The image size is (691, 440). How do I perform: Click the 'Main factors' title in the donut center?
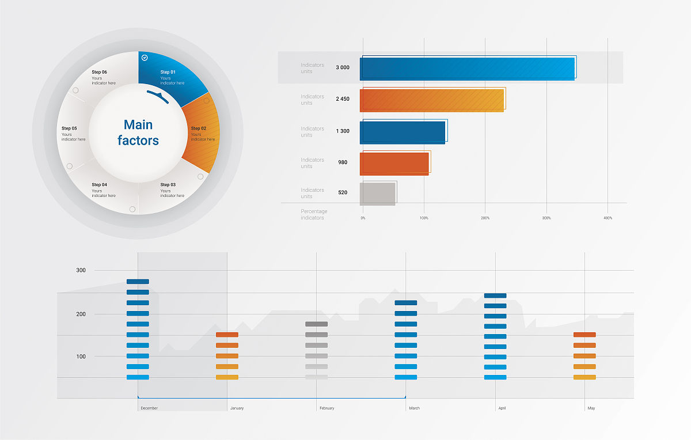click(138, 132)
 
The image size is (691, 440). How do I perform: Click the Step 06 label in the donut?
click(100, 72)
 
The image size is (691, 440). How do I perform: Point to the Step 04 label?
click(100, 185)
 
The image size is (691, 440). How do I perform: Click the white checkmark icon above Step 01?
click(145, 58)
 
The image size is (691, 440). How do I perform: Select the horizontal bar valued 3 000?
click(467, 69)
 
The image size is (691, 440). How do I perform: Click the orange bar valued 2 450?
click(432, 100)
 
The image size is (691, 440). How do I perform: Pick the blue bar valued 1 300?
click(403, 132)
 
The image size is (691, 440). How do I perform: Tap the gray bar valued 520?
click(378, 194)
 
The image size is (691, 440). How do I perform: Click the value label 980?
click(343, 162)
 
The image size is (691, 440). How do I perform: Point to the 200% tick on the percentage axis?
click(485, 218)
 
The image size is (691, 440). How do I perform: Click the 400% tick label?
click(608, 218)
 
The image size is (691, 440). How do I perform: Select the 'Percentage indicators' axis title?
click(314, 215)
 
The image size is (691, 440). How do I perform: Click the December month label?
click(149, 408)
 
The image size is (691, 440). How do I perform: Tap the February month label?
click(326, 408)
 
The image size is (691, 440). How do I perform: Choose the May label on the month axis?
click(591, 408)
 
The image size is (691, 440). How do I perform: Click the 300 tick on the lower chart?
click(81, 270)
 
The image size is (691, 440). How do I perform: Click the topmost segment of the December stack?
click(138, 282)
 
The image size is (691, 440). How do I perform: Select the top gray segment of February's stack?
click(316, 324)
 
